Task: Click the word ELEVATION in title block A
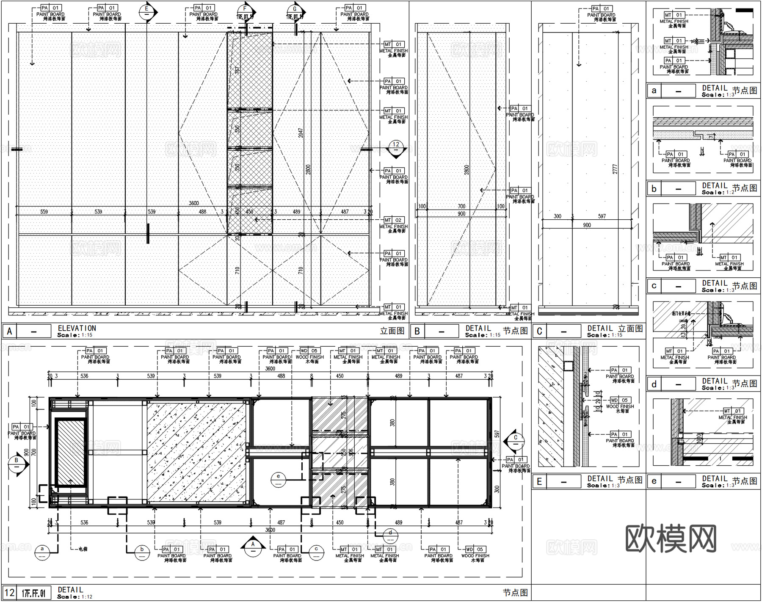(x=77, y=328)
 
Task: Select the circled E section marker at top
(x=146, y=11)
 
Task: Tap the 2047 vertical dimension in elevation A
(x=301, y=133)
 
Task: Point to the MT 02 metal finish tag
(x=393, y=220)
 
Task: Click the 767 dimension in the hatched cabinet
(x=237, y=70)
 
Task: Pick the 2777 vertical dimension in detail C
(x=615, y=169)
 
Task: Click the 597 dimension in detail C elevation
(x=602, y=216)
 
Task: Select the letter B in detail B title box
(x=417, y=331)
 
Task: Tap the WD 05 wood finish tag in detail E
(x=620, y=400)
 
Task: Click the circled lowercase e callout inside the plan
(x=278, y=478)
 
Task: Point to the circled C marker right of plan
(x=515, y=441)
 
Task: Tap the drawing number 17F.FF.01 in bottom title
(x=33, y=593)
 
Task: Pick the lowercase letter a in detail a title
(x=654, y=91)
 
